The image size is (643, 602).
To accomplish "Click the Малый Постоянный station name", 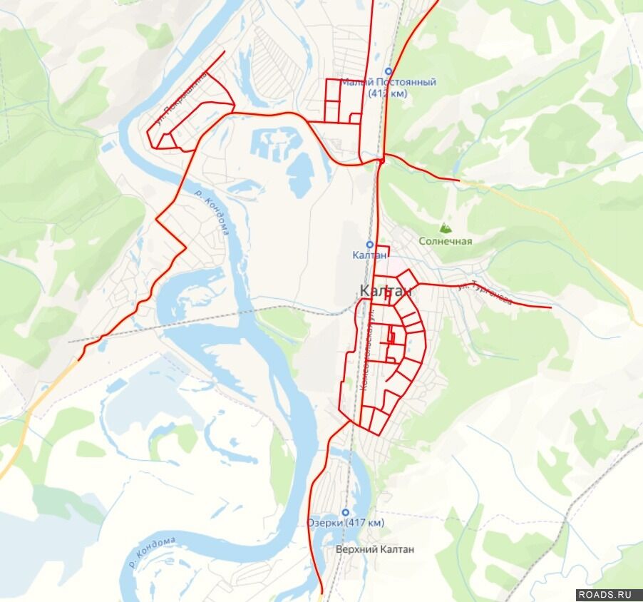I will tap(388, 82).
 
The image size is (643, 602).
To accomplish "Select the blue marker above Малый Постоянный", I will tap(389, 71).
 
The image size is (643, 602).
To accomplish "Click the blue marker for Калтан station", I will tap(370, 244).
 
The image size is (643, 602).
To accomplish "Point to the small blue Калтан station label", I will tap(370, 255).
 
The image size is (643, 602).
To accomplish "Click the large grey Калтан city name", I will tap(386, 291).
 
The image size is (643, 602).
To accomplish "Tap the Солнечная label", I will tap(446, 241).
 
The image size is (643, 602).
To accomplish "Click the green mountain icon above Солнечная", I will tap(446, 228).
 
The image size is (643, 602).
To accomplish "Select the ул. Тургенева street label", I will tap(485, 294).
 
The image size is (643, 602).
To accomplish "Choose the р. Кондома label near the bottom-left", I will tap(152, 553).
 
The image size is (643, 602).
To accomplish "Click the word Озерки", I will tap(324, 523).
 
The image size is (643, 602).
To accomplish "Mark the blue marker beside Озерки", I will tap(346, 512).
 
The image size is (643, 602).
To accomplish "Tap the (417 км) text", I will tap(364, 523).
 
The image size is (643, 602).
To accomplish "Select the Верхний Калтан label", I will tap(375, 550).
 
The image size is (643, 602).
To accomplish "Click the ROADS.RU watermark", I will tap(605, 594).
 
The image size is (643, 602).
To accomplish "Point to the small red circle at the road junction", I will tap(382, 162).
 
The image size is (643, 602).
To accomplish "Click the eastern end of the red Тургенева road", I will tap(550, 307).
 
